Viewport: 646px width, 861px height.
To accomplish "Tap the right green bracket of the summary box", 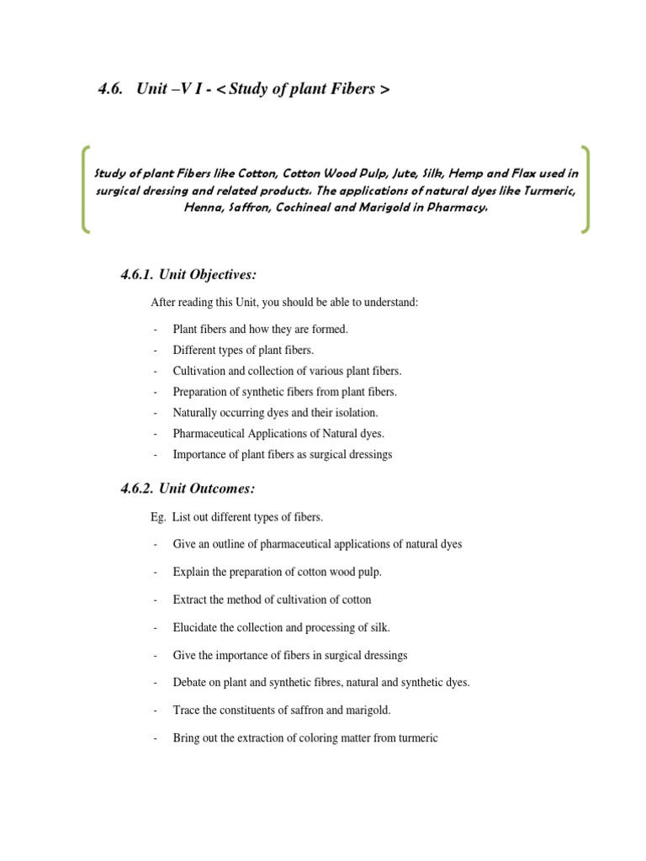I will (585, 189).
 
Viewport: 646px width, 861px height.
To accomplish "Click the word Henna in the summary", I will (202, 207).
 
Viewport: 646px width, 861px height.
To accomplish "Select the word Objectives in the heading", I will (220, 277).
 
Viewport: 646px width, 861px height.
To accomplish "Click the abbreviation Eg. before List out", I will (157, 517).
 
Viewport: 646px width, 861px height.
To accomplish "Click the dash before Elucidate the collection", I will (156, 627).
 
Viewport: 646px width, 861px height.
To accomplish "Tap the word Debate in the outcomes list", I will (190, 683).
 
